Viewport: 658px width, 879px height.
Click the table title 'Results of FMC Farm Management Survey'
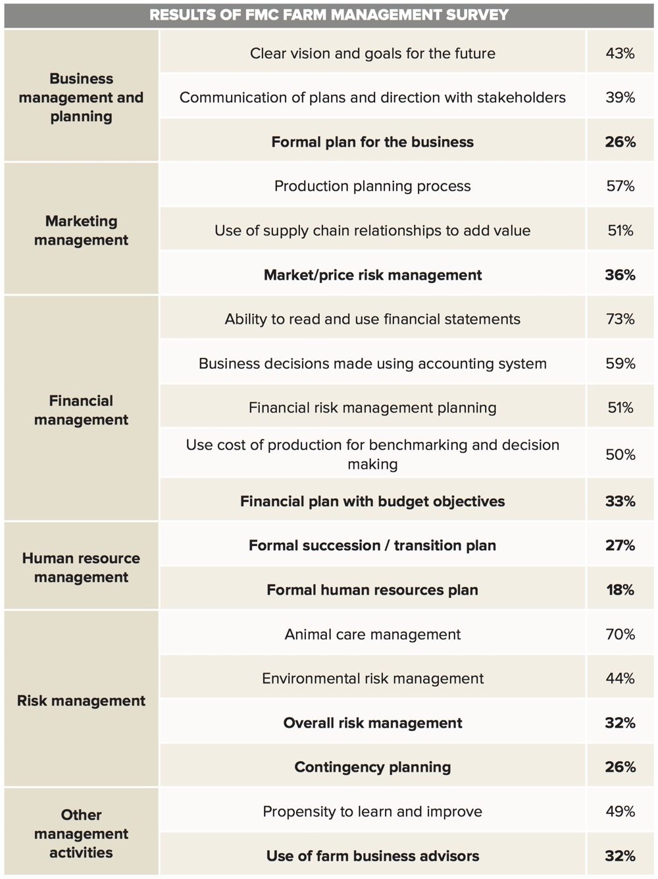pos(329,14)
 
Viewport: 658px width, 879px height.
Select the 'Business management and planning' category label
pos(81,97)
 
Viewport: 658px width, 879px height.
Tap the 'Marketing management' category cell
pos(81,230)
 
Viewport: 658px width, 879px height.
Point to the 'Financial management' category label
pos(81,410)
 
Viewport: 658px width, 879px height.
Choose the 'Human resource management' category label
pos(81,567)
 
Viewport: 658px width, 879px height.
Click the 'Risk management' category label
pos(81,701)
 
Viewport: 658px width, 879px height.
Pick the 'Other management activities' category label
pos(81,834)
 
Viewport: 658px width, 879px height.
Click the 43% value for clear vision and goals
pos(620,53)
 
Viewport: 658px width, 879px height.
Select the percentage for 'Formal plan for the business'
pos(620,141)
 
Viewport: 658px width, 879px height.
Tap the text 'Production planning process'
pos(372,186)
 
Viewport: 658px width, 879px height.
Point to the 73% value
pos(620,319)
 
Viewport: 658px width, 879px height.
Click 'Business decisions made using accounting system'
pos(372,363)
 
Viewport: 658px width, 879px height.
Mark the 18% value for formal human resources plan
pos(620,590)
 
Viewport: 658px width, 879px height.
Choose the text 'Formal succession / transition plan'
pos(372,545)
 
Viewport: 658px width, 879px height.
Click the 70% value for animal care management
pos(620,634)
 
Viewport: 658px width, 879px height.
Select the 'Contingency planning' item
pos(372,767)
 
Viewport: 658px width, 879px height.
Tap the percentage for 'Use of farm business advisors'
pos(620,856)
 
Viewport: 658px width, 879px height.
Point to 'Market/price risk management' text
pos(372,275)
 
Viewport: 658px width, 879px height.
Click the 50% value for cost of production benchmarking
pos(620,455)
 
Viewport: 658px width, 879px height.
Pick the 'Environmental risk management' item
pos(372,678)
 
